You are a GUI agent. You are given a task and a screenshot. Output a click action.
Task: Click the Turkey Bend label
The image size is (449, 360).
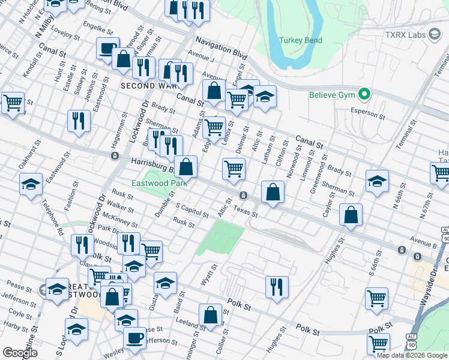click(301, 41)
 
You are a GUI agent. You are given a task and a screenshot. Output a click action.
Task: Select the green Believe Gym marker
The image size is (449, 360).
click(363, 94)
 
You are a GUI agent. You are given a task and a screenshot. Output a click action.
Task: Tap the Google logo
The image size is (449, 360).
click(20, 353)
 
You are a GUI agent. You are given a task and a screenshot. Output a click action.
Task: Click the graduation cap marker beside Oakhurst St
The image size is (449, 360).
click(31, 184)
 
